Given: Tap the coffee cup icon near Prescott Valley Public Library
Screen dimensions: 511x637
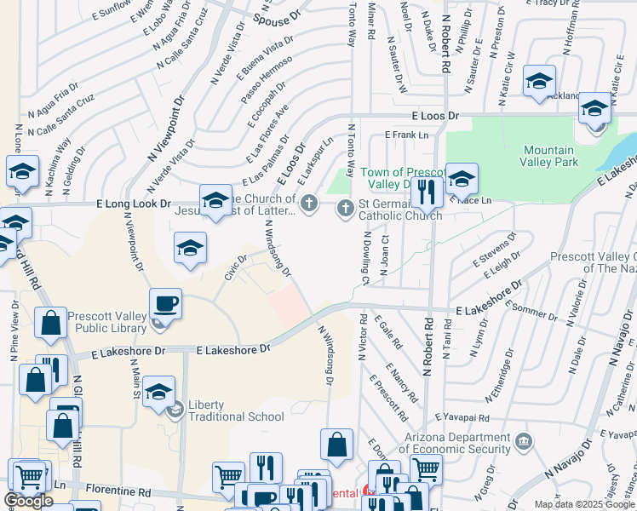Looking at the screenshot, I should [164, 303].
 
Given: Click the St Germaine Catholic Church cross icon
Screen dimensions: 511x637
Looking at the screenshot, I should [346, 206].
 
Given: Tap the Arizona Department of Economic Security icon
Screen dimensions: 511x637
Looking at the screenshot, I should [524, 439].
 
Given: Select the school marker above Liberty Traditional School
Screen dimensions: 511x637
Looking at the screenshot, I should [158, 392].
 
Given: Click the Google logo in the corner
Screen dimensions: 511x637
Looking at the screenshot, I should [28, 501].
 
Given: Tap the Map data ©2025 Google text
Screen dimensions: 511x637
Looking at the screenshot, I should [573, 504].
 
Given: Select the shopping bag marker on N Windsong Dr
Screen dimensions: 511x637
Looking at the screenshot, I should [336, 443].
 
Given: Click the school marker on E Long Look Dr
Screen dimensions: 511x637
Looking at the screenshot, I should [215, 200].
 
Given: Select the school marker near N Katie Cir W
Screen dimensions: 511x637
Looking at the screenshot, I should [539, 81].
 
